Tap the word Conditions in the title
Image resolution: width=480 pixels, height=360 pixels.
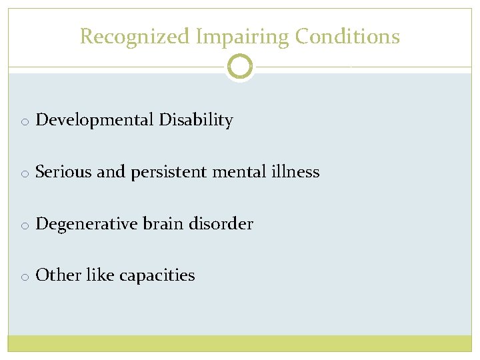[347, 36]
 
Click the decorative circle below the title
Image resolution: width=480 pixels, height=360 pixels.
[240, 67]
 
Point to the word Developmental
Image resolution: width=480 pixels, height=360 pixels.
[95, 121]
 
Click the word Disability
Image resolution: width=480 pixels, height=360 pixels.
[196, 121]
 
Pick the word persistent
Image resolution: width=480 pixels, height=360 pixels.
[169, 172]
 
